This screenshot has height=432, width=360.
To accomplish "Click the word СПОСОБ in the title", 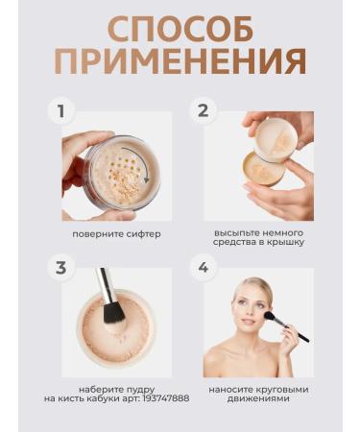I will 180,29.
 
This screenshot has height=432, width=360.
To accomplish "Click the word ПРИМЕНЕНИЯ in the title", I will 180,63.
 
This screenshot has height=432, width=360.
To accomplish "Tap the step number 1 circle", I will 62,111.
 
